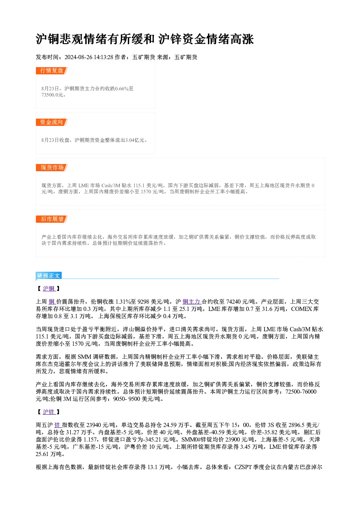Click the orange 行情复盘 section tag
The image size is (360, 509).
[x=52, y=71]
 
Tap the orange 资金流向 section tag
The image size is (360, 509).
[x=52, y=122]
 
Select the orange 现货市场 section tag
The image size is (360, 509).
[x=52, y=168]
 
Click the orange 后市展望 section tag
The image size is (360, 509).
[x=52, y=219]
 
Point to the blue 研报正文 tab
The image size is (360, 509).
[x=49, y=276]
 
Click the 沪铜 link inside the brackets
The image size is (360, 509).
[x=49, y=288]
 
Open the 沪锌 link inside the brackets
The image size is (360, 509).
[x=49, y=412]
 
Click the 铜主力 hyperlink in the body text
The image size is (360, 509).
[x=191, y=302]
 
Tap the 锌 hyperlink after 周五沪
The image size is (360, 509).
[x=57, y=425]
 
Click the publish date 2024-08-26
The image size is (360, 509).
[x=78, y=57]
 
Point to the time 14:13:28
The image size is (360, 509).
[x=103, y=57]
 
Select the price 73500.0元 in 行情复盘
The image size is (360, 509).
[x=52, y=95]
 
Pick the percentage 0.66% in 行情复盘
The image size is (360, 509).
[x=122, y=89]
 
